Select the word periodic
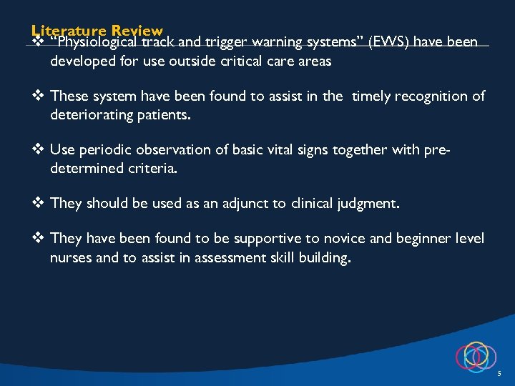point(106,149)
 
